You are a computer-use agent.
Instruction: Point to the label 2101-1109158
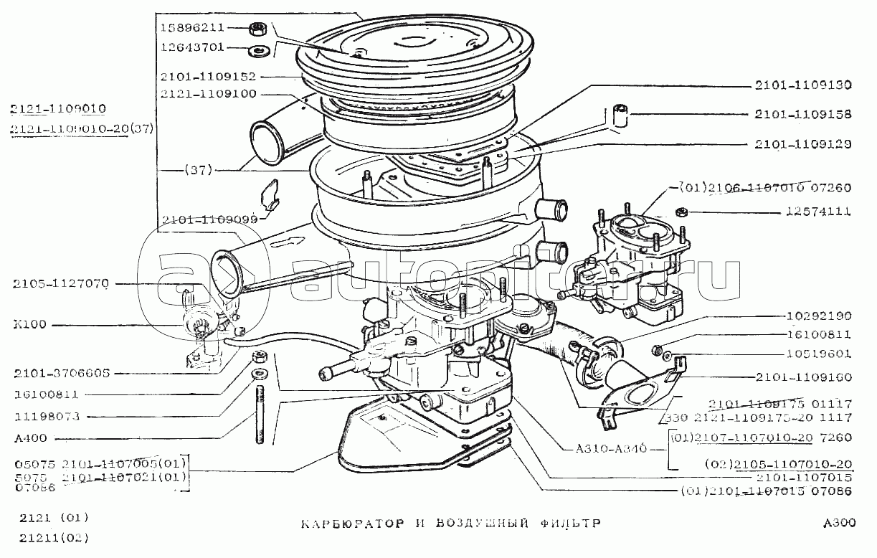[803, 113]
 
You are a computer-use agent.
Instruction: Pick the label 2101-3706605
[61, 374]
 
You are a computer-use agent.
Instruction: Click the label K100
[29, 324]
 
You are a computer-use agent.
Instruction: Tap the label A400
[29, 438]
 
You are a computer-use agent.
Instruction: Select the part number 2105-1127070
[61, 284]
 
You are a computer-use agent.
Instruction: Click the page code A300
[840, 523]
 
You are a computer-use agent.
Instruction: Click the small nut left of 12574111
[683, 212]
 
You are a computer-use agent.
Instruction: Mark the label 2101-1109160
[803, 377]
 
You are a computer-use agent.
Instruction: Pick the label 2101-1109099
[209, 219]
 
